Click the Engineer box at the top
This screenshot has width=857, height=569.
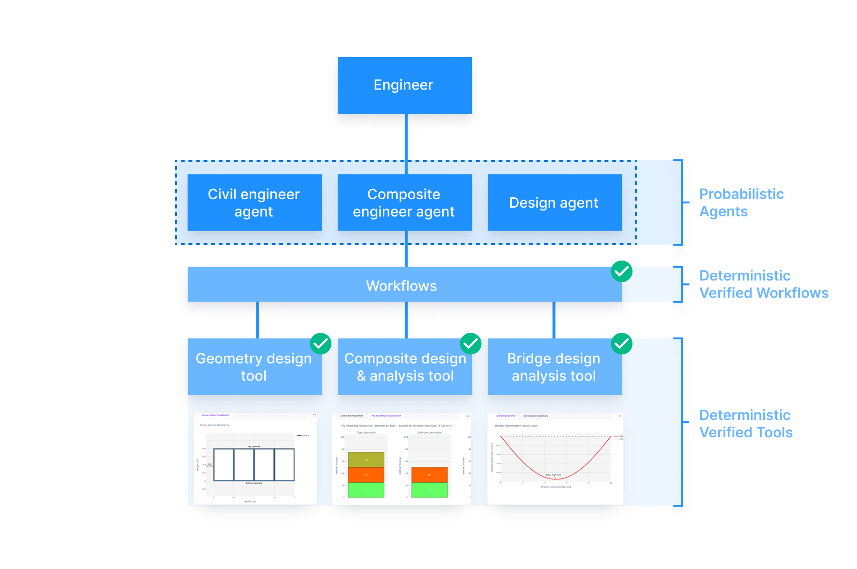[404, 85]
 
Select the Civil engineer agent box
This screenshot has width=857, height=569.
[254, 202]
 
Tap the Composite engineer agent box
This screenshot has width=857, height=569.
[404, 202]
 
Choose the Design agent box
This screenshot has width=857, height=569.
[554, 202]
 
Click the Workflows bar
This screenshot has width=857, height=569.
[402, 285]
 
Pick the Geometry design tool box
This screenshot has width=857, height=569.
[254, 367]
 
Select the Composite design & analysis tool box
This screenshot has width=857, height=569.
[405, 367]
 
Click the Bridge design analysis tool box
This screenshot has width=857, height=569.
[554, 367]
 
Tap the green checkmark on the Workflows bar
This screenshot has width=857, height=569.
[621, 271]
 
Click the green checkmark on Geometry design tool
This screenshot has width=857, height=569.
[320, 344]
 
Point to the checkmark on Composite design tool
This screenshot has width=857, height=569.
[470, 344]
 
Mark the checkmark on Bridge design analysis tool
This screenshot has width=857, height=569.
[621, 344]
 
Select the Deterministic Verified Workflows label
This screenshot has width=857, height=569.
[764, 284]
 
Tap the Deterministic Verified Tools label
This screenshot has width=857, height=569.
[746, 424]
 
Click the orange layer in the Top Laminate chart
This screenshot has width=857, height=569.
[366, 475]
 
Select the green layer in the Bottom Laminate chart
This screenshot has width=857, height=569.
[429, 490]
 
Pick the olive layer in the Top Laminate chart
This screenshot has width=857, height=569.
[366, 459]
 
